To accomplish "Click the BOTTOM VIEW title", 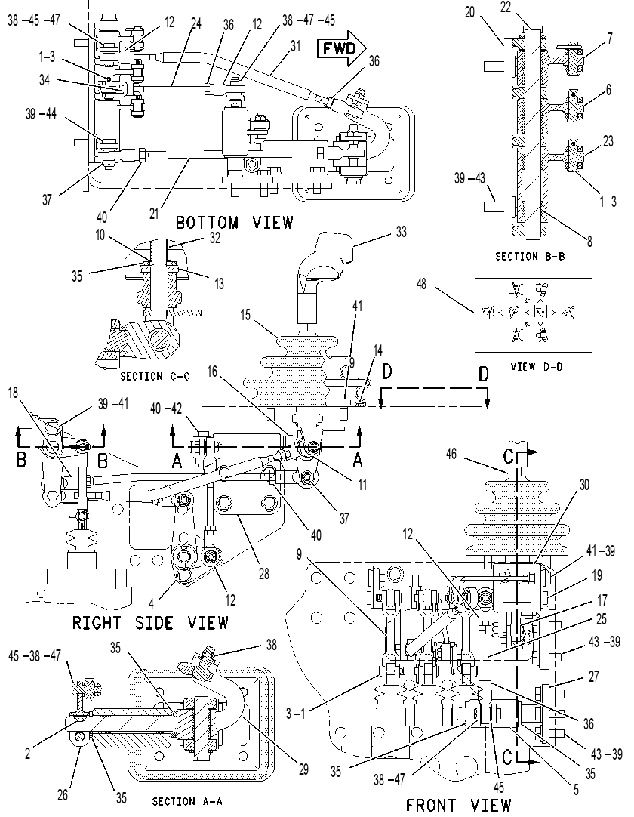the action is click(x=234, y=223).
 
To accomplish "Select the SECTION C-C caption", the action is click(x=155, y=376).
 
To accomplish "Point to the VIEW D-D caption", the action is click(x=536, y=367).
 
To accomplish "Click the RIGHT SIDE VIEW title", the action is click(x=150, y=622).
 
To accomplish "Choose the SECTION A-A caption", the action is click(x=187, y=801).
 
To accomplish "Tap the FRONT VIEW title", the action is click(x=458, y=805).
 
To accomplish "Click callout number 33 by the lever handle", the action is click(x=401, y=232).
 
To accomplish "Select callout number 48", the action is click(x=421, y=284).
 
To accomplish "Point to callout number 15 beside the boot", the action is click(x=246, y=315).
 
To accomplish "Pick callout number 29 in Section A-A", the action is click(x=303, y=769).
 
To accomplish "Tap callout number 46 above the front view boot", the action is click(x=451, y=454).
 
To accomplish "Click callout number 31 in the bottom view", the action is click(x=296, y=46).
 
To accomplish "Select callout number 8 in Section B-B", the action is click(x=589, y=241).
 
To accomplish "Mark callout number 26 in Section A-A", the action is click(x=63, y=795).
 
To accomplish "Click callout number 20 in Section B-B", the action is click(x=470, y=12).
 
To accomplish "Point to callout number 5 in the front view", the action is click(x=576, y=789).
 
